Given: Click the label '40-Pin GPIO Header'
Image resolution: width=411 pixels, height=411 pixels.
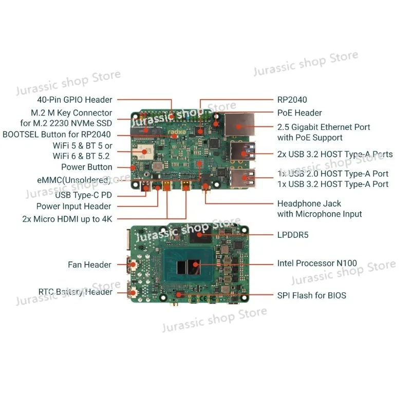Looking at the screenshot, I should (74, 100).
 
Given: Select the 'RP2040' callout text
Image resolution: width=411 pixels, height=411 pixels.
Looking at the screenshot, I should (292, 100).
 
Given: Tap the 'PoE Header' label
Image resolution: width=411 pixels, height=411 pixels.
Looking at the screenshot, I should (300, 113).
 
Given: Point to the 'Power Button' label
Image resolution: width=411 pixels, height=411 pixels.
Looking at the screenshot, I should (86, 167).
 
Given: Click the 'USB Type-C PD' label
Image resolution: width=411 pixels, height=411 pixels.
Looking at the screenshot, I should (83, 195).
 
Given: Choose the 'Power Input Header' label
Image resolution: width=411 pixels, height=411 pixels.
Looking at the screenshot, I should (73, 207).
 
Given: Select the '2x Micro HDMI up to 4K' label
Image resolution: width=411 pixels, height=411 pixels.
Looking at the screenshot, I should (67, 218).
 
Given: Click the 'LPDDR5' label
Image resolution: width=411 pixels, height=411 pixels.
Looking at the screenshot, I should (293, 235).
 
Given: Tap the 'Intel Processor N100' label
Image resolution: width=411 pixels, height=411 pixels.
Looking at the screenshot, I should (316, 263).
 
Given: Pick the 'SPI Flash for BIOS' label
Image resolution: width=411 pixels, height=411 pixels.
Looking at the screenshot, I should (311, 295).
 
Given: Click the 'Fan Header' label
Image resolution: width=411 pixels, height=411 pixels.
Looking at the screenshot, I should (89, 265).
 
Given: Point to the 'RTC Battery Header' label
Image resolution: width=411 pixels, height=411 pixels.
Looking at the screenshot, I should (75, 292).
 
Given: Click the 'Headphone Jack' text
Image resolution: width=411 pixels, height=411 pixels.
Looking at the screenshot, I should (309, 203).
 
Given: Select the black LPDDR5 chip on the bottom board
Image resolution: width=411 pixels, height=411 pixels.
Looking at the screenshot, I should (202, 237).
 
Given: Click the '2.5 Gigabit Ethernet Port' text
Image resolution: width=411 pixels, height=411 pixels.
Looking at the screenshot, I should (324, 127).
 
